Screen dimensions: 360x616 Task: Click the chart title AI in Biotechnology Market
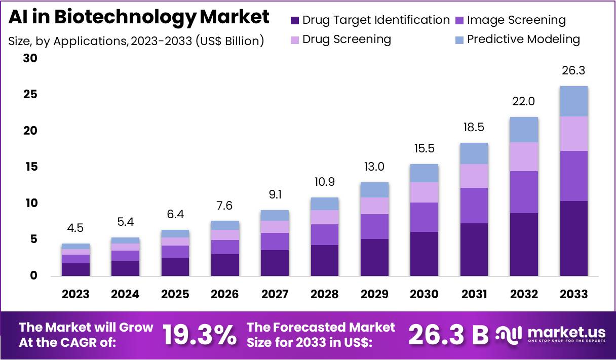139,17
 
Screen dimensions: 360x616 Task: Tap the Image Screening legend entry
516,20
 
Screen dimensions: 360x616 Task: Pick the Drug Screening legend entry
346,39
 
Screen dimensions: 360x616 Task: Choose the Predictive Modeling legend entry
523,39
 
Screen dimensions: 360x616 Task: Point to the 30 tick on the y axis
30,59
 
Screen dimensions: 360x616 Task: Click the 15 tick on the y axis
30,167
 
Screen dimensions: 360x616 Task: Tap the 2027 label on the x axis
275,294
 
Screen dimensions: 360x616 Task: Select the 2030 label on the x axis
425,294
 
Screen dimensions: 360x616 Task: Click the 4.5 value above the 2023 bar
75,228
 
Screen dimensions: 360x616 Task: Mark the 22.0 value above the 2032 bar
524,101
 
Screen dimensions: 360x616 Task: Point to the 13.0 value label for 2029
374,167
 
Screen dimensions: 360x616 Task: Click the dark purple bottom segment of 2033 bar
574,238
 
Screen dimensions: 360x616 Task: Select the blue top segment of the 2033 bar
574,101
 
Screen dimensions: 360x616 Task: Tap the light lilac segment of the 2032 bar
524,156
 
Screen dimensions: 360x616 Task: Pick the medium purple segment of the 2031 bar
474,205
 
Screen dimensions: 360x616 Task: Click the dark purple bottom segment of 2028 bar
325,260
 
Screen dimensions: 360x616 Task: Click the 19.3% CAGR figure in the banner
200,335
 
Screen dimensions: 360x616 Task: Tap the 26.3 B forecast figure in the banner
448,335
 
